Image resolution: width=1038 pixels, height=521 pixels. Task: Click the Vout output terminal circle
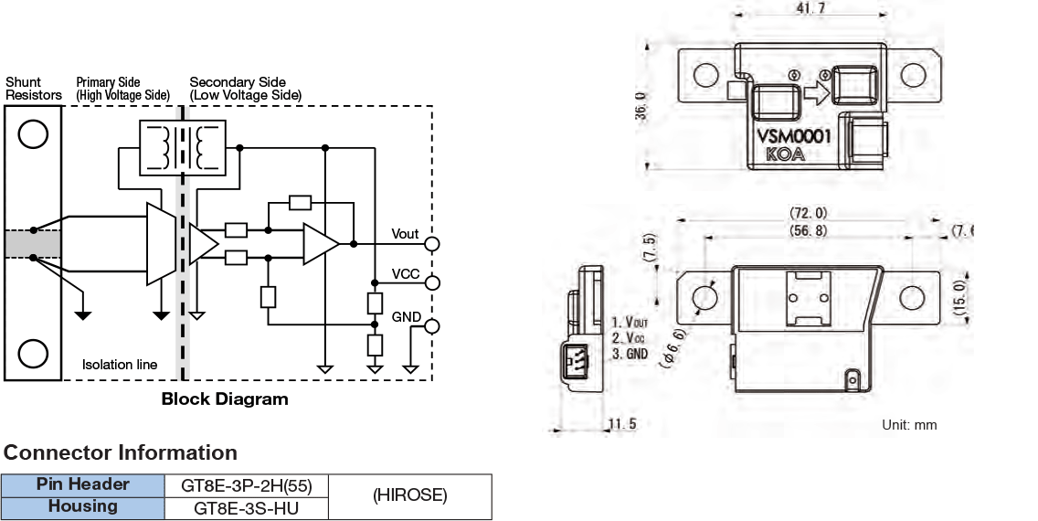coord(432,244)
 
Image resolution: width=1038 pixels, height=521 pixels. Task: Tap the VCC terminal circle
coord(432,282)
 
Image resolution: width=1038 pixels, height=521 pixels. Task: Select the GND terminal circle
coord(432,326)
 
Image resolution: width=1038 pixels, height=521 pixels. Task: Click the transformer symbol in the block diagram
coord(183,146)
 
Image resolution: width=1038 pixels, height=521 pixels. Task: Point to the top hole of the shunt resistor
coord(33,134)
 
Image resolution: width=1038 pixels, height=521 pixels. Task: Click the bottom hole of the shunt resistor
coord(33,352)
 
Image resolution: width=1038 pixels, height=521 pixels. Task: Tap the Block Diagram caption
coord(225,399)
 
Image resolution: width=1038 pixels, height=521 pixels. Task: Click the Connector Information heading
coord(121,452)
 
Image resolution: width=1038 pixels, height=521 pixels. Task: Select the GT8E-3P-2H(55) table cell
coord(245,484)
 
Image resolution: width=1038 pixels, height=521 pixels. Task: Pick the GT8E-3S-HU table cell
coord(245,507)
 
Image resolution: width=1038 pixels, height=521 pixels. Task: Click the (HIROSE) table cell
coord(409,495)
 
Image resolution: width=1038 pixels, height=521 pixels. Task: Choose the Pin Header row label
coord(82,484)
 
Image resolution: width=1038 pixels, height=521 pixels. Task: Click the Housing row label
coord(82,506)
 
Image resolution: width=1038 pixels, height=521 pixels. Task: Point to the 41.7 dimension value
coord(809,8)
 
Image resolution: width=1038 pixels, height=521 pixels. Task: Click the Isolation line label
coord(120,365)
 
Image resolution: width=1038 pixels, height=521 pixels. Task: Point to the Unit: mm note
coord(909,425)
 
